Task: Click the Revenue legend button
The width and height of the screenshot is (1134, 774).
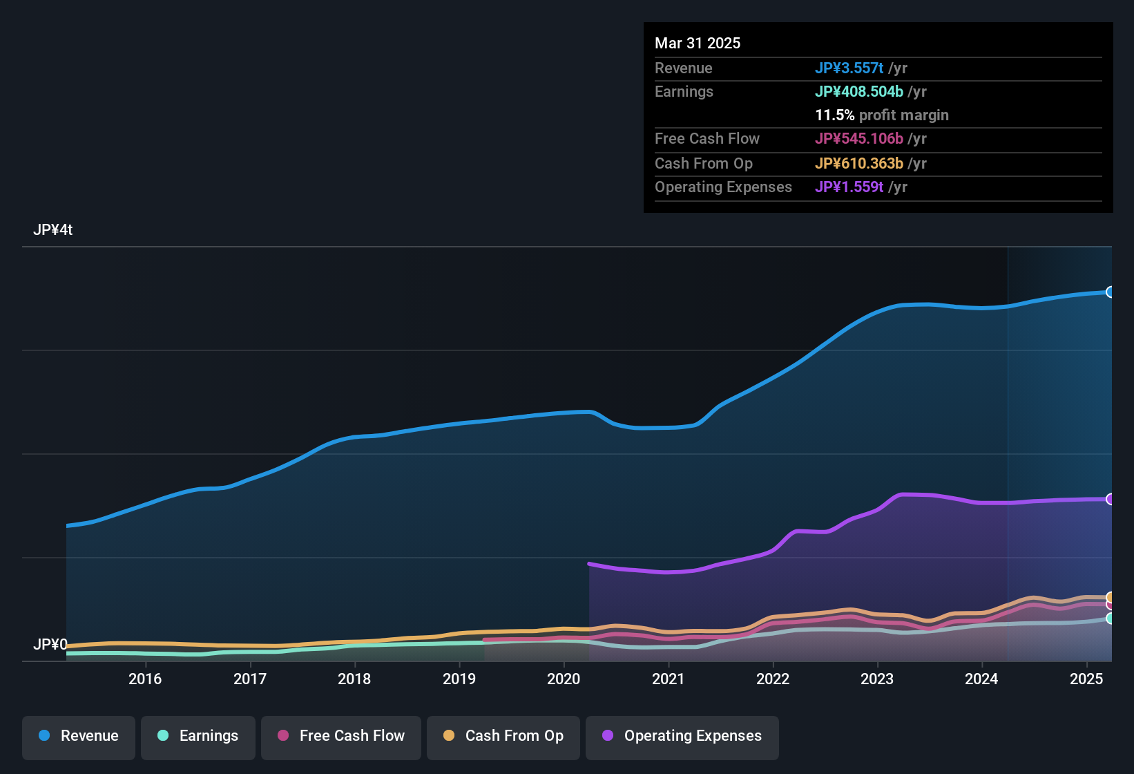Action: coord(79,736)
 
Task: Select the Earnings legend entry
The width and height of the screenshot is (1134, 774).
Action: coord(198,736)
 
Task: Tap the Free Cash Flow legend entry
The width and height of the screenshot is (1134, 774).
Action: coord(341,736)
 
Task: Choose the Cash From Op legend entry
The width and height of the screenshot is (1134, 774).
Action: coord(503,736)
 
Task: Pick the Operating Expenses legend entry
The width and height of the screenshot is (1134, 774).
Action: coord(682,736)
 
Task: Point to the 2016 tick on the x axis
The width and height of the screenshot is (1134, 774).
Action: coord(145,679)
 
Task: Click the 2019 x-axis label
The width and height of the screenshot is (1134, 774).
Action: coord(459,679)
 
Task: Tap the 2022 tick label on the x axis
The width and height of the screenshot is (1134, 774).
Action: coord(773,679)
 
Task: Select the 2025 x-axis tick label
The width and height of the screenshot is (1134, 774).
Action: coord(1086,679)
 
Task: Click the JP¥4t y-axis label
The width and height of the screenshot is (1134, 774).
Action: coord(52,230)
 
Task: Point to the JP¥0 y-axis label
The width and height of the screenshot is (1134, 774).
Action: coord(50,645)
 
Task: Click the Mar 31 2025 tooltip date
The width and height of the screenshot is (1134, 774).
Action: coord(698,44)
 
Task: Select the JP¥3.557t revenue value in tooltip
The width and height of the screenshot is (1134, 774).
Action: coord(849,68)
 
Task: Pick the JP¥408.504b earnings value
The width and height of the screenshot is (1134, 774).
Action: coord(859,92)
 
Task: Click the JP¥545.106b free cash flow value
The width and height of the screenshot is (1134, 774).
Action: coord(859,139)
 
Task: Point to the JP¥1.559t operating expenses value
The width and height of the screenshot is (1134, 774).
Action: coord(849,187)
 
